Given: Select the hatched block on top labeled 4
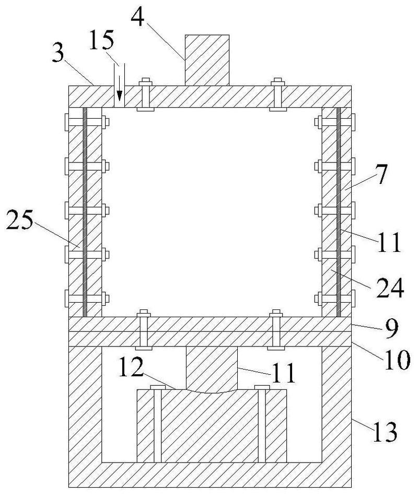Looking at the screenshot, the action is coord(207,59).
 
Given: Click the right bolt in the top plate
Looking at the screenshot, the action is coord(277,95).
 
